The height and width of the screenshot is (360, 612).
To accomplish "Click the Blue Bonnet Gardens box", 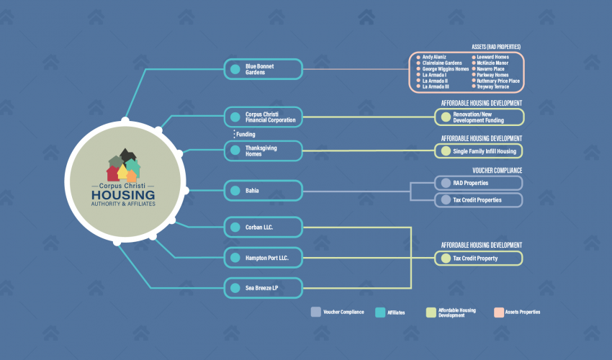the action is (x=263, y=69).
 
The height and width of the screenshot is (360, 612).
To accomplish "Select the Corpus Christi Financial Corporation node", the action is (x=263, y=117).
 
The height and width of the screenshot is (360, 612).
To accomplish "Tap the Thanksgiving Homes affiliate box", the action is (x=263, y=150).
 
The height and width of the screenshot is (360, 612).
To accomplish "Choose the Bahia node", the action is (x=263, y=191).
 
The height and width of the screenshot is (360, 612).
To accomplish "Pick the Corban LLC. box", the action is (x=263, y=227).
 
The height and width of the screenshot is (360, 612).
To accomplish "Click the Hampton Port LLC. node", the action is (x=263, y=258).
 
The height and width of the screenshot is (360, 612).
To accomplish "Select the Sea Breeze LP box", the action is (x=263, y=288).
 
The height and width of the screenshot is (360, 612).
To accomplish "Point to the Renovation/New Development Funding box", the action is (x=480, y=117).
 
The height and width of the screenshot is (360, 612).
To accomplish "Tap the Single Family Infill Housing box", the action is (x=479, y=151).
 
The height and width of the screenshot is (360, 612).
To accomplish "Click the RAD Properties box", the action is (x=479, y=183).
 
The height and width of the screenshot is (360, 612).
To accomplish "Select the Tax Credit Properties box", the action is (x=479, y=200).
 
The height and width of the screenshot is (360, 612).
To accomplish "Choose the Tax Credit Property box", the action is (x=479, y=258).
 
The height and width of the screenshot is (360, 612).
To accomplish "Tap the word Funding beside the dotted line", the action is (x=246, y=135).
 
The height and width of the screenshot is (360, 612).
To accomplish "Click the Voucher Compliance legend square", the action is (x=316, y=312).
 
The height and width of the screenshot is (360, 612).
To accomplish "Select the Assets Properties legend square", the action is (x=499, y=312).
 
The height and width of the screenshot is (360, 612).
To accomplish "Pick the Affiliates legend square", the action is (x=380, y=312).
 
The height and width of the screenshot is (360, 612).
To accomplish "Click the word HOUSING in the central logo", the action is (x=123, y=195).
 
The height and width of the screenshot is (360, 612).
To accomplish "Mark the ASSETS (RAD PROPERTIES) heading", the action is (x=496, y=47).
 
